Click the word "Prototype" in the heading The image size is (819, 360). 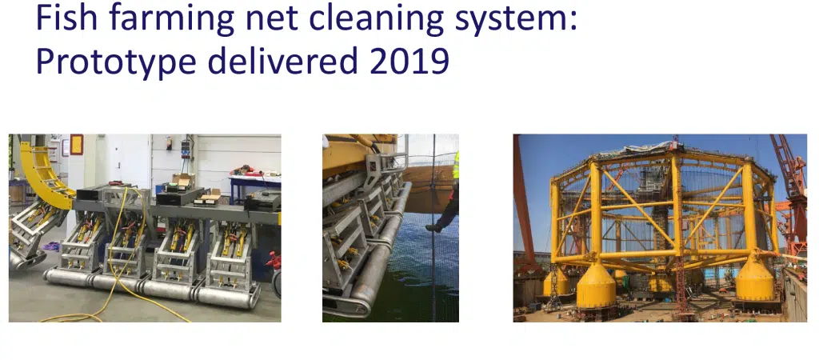click(x=115, y=62)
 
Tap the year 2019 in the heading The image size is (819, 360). click(x=409, y=61)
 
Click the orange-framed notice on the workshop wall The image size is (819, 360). click(x=76, y=145)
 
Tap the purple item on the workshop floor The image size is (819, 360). click(x=50, y=246)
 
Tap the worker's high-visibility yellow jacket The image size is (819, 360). click(x=456, y=165)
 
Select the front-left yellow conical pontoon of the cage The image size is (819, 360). click(x=596, y=286)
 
